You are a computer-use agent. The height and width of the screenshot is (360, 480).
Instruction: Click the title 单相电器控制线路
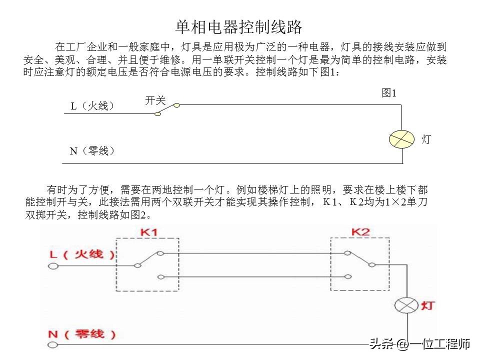click(239, 27)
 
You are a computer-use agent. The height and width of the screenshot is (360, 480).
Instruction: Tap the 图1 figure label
click(389, 93)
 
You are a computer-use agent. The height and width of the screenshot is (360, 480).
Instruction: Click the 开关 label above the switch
click(155, 100)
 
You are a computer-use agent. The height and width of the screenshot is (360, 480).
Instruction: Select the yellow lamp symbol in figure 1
click(401, 139)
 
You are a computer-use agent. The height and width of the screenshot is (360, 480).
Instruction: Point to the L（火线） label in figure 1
click(92, 106)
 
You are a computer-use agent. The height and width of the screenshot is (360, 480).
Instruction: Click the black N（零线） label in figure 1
click(92, 151)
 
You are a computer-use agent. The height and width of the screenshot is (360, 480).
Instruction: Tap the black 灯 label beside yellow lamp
click(426, 139)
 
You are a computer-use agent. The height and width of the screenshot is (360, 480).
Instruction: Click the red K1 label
click(149, 232)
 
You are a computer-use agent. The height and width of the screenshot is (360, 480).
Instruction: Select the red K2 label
click(360, 231)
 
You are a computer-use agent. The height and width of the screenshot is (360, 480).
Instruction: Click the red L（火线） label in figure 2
click(82, 254)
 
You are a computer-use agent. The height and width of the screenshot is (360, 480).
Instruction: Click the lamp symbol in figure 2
click(406, 305)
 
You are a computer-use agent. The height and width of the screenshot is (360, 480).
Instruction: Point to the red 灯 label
click(427, 305)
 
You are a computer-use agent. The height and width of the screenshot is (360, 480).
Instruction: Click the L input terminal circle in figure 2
click(53, 266)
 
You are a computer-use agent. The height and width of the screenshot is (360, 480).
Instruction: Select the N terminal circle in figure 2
click(52, 345)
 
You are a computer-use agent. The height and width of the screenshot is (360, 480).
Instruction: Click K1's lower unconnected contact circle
click(160, 277)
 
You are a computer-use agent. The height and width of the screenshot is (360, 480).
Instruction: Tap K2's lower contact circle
click(348, 276)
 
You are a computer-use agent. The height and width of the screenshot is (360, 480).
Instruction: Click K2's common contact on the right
click(372, 265)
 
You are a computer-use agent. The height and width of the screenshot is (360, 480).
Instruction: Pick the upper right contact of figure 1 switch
click(176, 105)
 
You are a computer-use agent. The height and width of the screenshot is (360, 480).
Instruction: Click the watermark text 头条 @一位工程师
click(419, 344)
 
